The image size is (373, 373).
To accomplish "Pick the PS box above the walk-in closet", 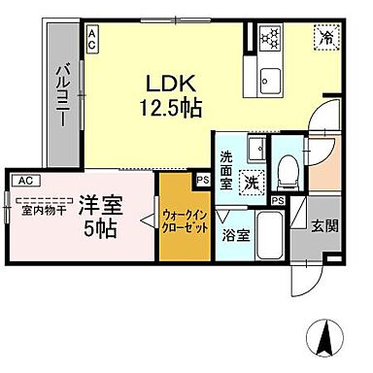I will pyautogui.click(x=202, y=180).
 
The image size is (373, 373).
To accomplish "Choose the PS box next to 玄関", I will pyautogui.click(x=278, y=200).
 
